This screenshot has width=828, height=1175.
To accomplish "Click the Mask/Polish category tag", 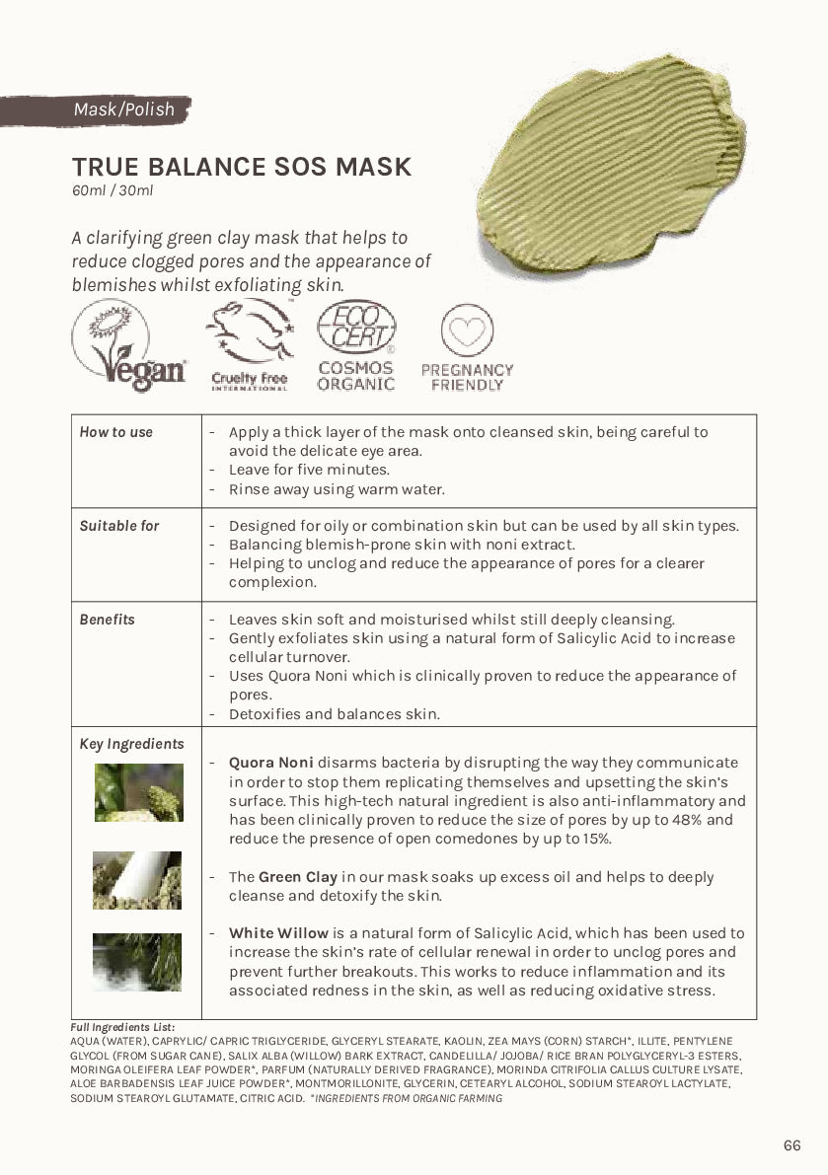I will coord(122,110).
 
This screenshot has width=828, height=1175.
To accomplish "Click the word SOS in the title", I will coord(300,167).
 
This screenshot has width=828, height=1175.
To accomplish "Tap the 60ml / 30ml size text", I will coord(112,190).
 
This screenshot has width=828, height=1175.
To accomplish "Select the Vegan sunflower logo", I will coord(128,345).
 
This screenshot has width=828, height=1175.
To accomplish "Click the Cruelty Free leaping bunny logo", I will coord(250,345).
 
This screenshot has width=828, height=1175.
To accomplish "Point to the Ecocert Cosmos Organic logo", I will coord(356,345).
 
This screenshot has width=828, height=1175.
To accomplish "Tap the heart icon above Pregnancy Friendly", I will coord(467,330).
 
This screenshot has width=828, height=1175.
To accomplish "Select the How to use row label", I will coord(116,432).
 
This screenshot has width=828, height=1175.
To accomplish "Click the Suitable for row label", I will coord(119,526).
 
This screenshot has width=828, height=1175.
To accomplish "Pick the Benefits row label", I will coord(108,620).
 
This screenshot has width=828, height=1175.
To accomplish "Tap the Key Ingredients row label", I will coord(131,744).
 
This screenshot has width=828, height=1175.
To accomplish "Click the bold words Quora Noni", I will coord(271,763).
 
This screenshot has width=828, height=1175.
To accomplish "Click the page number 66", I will coord(791,1145).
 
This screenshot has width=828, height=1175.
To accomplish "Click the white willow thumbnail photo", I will coord(138,962).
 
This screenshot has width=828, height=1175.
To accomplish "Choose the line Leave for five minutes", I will coord(309,470).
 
